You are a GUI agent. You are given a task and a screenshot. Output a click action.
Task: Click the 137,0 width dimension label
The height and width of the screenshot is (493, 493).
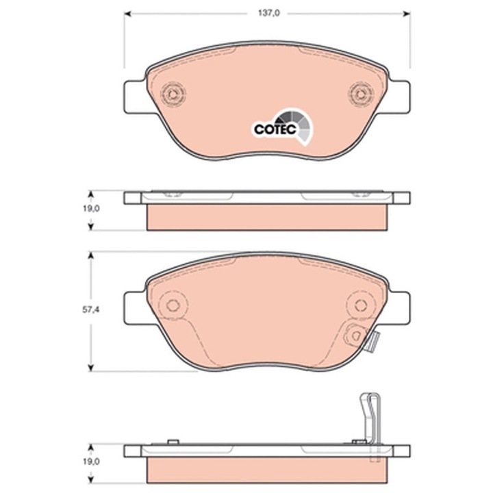pyautogui.click(x=267, y=12)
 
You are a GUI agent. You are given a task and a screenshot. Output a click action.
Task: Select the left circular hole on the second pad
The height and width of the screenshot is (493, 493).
pyautogui.click(x=173, y=305)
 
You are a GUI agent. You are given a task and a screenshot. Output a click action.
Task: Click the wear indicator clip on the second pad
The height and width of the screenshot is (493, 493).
pyautogui.click(x=363, y=337)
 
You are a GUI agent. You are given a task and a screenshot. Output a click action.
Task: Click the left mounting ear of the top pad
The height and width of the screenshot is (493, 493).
pyautogui.click(x=134, y=95)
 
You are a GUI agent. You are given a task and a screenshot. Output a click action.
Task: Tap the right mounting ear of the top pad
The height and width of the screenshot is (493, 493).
pyautogui.click(x=400, y=95)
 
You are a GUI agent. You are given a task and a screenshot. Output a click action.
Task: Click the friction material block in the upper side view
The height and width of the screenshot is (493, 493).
pyautogui.click(x=267, y=217)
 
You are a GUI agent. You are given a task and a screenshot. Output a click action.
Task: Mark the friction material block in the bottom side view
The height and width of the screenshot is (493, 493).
pyautogui.click(x=267, y=470)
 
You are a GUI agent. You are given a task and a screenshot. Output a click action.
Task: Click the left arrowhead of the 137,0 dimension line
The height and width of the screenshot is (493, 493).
pyautogui.click(x=127, y=12)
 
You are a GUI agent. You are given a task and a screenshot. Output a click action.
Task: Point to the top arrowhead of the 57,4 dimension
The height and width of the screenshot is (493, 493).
pyautogui.click(x=91, y=254)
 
